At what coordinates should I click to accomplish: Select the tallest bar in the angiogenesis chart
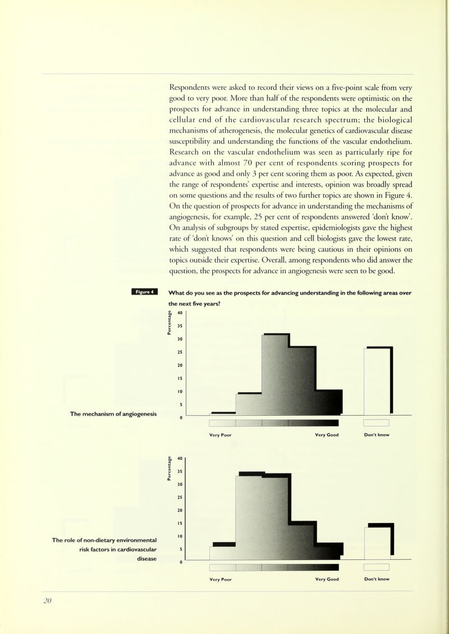coord(276,374)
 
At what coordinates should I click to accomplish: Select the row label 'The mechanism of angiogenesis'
coord(113,414)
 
